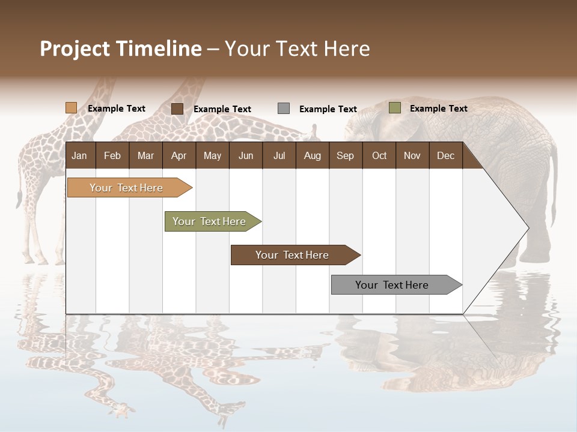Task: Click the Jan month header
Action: [80, 155]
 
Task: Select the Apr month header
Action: [179, 155]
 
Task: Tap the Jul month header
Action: [279, 155]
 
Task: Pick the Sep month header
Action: [346, 155]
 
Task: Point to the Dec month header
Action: [445, 155]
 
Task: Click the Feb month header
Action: [112, 155]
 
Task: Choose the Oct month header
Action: [379, 155]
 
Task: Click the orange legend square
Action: [72, 108]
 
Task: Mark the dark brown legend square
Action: [177, 109]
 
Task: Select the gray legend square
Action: [284, 109]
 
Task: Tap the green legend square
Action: [395, 108]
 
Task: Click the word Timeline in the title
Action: [158, 49]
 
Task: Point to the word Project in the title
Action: [75, 49]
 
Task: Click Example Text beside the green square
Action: [438, 109]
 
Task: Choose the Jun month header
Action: [246, 155]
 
